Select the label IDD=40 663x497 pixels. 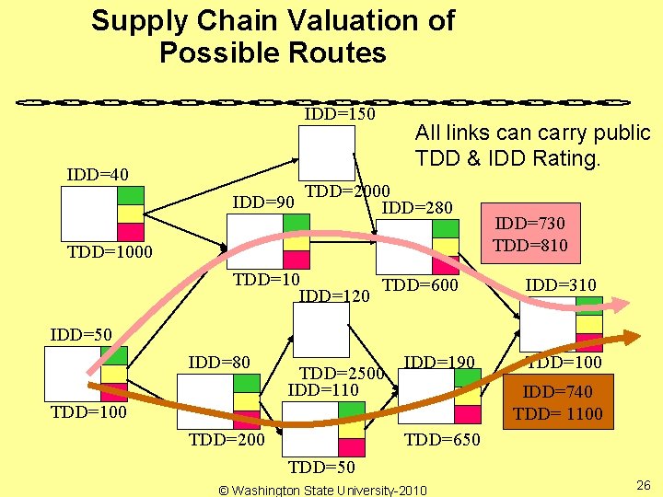[98, 175]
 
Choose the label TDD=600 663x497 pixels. [420, 286]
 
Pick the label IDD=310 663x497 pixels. [561, 285]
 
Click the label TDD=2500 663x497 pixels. [342, 374]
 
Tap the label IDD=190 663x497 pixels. [439, 363]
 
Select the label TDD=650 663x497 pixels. [442, 440]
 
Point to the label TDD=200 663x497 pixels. [227, 440]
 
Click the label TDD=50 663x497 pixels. [321, 468]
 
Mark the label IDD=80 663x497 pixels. [219, 363]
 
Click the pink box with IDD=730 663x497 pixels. [530, 234]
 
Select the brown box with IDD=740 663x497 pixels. [557, 403]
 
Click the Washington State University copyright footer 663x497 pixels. [322, 489]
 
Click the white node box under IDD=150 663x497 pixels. [326, 153]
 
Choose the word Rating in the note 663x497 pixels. [560, 158]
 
